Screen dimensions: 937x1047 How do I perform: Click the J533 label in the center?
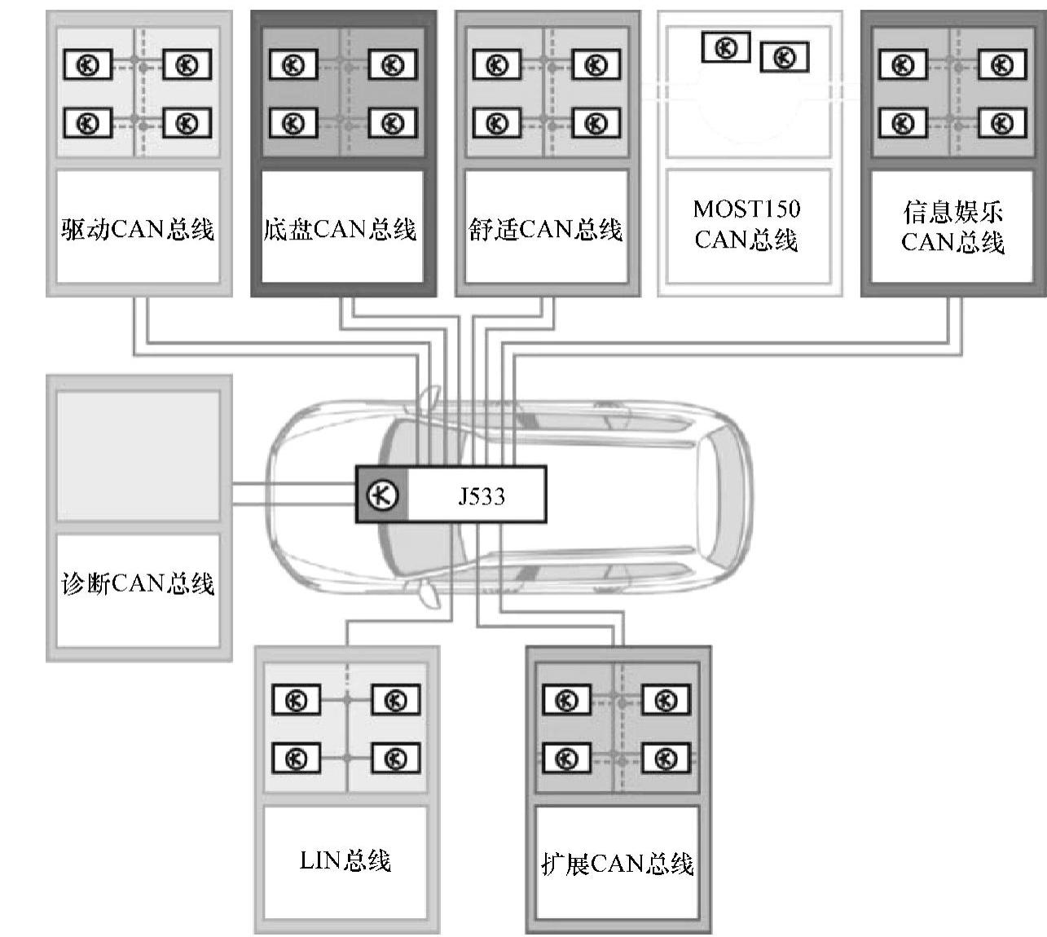pos(481,495)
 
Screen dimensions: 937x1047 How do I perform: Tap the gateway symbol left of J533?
pos(382,495)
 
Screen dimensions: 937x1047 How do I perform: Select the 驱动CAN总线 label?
pos(138,229)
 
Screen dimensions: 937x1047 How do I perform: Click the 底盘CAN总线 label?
pos(341,229)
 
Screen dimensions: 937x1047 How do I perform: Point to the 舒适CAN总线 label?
pos(545,229)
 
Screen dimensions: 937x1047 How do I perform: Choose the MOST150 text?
pos(746,209)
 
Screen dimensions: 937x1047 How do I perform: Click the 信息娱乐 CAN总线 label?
pos(952,227)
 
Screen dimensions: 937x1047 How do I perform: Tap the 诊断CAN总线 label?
pos(138,583)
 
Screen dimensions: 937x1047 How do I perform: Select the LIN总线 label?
pos(345,860)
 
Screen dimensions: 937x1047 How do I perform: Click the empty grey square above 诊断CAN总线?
pos(138,455)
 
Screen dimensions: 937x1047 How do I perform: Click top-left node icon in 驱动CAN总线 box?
pos(88,64)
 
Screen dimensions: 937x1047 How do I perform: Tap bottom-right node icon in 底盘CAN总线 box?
pos(392,123)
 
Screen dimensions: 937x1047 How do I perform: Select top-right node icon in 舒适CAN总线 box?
pos(596,64)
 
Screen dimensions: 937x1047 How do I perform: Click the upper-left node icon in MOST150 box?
pos(725,48)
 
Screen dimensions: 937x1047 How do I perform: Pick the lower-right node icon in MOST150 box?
pos(784,57)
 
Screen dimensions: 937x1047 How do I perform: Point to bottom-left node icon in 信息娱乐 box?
pos(902,123)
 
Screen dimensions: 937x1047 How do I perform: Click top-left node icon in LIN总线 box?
pos(296,700)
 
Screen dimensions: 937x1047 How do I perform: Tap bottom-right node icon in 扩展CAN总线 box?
pos(666,759)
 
